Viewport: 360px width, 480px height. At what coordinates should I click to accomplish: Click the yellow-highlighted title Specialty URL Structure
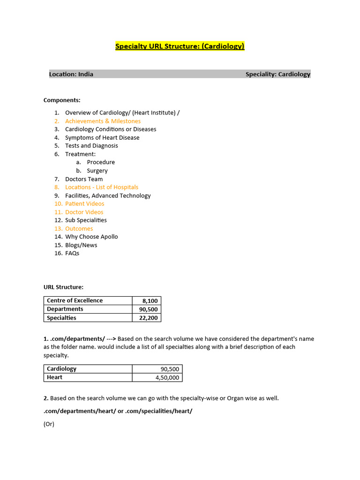(180, 46)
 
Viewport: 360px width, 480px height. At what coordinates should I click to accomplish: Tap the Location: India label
(71, 74)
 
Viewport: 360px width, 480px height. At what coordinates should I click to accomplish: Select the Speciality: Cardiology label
(277, 74)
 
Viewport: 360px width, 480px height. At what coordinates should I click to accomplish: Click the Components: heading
(62, 100)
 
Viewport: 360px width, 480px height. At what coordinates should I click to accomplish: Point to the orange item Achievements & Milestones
(103, 121)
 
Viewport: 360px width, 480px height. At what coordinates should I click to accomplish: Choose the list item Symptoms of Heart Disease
(102, 137)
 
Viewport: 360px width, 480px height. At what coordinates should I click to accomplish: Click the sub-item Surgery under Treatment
(97, 171)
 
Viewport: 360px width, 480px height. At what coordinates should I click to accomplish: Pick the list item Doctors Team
(84, 179)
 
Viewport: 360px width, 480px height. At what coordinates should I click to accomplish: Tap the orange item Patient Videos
(85, 204)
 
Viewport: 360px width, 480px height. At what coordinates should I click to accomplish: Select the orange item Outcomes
(79, 229)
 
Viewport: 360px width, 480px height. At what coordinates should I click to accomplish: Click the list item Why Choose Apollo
(91, 237)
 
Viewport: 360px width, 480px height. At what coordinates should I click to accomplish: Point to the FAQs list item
(72, 253)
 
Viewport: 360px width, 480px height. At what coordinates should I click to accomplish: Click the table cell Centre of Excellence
(75, 300)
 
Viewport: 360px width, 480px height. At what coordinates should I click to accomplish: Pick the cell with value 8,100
(150, 301)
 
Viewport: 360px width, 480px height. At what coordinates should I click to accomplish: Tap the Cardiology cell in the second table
(61, 369)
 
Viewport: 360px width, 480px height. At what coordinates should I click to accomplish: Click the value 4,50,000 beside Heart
(167, 377)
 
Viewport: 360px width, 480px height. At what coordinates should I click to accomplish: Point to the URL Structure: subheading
(63, 287)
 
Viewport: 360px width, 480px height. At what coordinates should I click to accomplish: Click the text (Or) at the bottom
(49, 424)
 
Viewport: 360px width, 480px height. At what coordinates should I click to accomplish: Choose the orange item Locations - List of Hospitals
(102, 187)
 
